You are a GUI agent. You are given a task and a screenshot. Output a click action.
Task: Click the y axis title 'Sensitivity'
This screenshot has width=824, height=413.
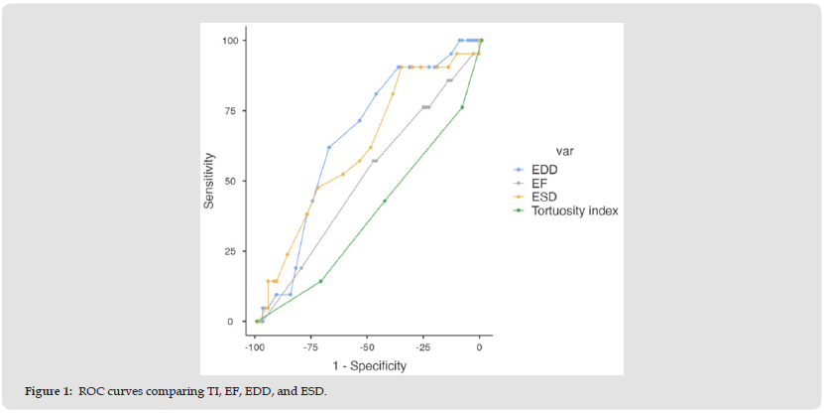click(209, 180)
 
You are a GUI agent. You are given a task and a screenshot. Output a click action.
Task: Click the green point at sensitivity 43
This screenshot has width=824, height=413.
click(385, 201)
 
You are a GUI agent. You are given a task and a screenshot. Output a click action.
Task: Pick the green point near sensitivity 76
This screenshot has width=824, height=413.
click(462, 107)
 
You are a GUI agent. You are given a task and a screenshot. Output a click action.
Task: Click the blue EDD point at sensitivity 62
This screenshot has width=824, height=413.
click(329, 147)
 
